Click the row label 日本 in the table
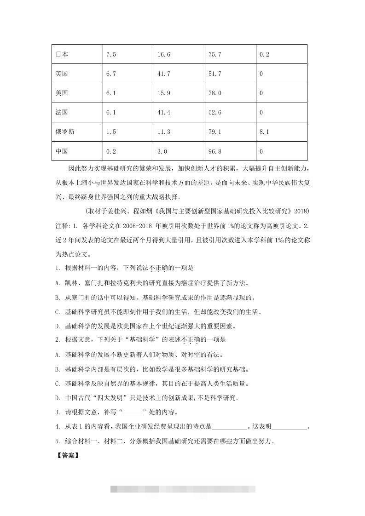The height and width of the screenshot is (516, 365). click(62, 54)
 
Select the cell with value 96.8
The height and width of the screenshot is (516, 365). click(215, 151)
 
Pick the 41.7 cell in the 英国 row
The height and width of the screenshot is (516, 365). click(164, 74)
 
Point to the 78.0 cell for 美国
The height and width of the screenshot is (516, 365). click(215, 93)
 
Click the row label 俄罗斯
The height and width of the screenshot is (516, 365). click(65, 132)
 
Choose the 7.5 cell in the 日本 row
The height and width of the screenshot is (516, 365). click(111, 54)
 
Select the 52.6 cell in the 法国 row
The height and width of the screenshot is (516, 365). click(215, 112)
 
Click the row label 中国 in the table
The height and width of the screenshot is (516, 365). click(62, 151)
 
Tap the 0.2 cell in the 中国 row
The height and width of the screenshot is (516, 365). click(111, 151)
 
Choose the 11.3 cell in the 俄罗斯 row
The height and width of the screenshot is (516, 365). click(164, 132)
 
